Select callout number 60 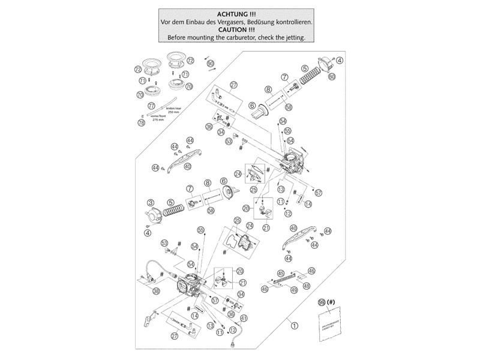(332, 77)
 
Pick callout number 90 (210, 63)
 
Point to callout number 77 (151, 106)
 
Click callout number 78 (142, 122)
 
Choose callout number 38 (156, 292)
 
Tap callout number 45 (280, 273)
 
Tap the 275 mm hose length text (158, 119)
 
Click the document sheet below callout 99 (328, 325)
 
